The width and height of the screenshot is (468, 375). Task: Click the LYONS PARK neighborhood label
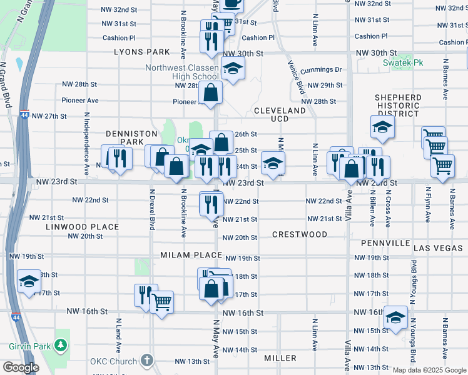coord(142,52)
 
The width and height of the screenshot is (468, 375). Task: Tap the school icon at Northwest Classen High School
coord(233,68)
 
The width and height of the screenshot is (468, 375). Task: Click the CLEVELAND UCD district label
coord(280,114)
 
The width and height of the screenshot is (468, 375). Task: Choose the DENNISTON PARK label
coord(125,137)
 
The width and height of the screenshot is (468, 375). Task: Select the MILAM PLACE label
coord(191,255)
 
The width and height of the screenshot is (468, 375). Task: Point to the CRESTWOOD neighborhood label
coord(300,234)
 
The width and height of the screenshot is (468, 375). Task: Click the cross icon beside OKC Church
coord(146,361)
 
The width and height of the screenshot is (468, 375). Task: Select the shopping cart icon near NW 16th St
coord(162,302)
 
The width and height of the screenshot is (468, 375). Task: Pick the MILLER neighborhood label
coord(280,358)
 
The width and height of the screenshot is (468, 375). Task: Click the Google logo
coord(20,367)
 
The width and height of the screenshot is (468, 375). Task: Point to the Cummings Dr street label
coord(320,70)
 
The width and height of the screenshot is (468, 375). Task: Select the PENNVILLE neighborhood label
coord(385,242)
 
